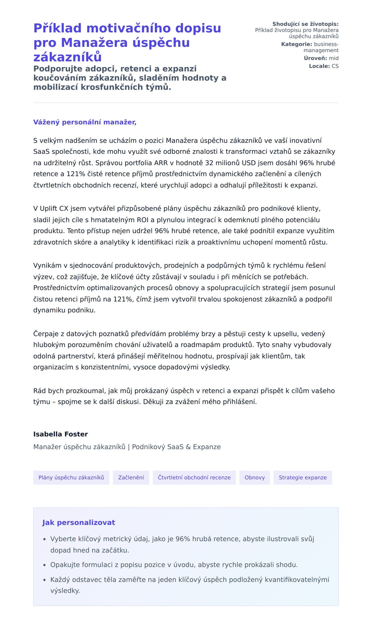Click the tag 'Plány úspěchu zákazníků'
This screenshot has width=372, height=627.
click(71, 477)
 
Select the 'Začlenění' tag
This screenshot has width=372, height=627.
click(131, 477)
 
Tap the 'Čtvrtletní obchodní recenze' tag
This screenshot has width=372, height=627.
click(194, 477)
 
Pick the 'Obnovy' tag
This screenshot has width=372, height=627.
click(255, 477)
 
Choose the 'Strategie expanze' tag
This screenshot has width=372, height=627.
click(303, 477)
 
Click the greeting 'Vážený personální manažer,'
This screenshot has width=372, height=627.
click(85, 122)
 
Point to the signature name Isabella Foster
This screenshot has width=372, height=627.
click(60, 434)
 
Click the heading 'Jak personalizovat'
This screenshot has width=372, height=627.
click(78, 522)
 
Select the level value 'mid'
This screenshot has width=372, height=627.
click(334, 58)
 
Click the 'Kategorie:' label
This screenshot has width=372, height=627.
click(296, 44)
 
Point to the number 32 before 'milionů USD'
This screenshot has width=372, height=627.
click(209, 163)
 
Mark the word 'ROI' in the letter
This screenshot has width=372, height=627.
click(143, 220)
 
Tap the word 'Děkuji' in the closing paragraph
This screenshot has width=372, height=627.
click(154, 402)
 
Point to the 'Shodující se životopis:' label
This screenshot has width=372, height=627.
click(305, 24)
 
